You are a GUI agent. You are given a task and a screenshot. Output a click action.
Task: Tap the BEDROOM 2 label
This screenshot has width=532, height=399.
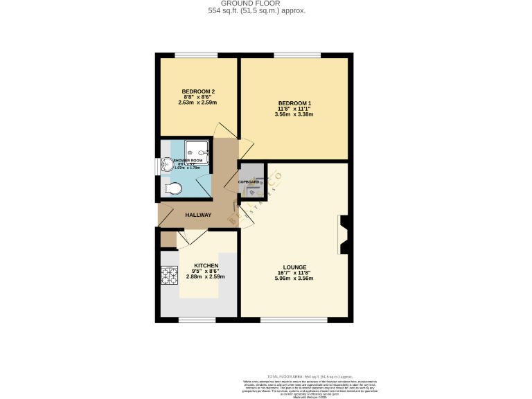[198, 91]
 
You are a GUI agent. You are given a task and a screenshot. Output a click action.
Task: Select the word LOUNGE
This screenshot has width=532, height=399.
[294, 267]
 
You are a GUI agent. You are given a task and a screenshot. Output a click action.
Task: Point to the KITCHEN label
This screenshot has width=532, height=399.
[206, 265]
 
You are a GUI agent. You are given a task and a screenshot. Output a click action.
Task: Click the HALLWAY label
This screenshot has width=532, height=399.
[198, 215]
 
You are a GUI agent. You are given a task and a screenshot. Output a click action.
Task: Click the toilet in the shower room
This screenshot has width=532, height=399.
[173, 188]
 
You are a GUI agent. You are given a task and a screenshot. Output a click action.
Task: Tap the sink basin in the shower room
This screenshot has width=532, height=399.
[167, 163]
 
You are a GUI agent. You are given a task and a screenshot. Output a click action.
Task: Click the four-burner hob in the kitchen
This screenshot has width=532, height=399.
[170, 276]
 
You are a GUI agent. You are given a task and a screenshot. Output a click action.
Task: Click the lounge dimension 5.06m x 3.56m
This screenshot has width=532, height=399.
[294, 278]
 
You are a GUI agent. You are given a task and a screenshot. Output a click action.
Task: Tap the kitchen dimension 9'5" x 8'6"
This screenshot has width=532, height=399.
[206, 271]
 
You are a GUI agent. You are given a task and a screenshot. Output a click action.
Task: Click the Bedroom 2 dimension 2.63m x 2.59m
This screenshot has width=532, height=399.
[198, 103]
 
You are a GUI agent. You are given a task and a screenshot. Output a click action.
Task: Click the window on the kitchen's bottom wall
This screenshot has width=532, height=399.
[197, 320]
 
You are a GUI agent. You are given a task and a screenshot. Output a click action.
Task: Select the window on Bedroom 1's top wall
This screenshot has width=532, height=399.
[296, 55]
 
